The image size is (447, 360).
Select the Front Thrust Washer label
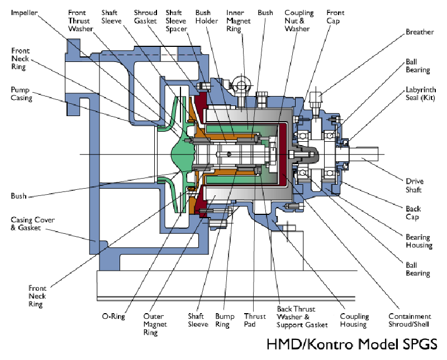click(80, 20)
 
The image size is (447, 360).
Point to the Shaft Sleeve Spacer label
click(177, 20)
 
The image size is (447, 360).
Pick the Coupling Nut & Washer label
click(299, 20)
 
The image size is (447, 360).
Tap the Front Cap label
click(335, 16)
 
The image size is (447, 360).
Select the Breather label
click(420, 32)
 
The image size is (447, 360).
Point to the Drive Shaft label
click(414, 186)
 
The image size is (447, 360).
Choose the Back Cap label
click(413, 213)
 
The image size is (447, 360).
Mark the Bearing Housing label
click(419, 241)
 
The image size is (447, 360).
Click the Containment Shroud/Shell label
click(410, 320)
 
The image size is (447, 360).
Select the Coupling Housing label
click(353, 320)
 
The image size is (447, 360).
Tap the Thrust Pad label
click(255, 320)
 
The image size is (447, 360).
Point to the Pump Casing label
click(22, 94)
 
